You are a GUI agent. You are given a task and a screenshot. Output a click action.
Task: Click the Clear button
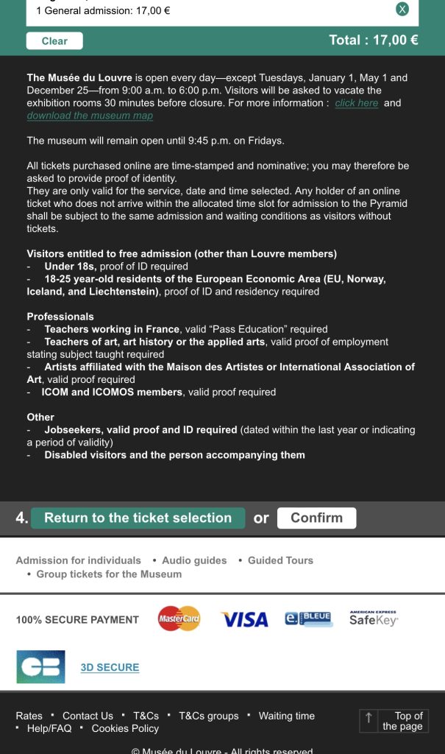coord(54,40)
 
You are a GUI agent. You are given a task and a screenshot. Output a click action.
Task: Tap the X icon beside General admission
coord(402,10)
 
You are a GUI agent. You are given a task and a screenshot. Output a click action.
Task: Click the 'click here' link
coord(356,103)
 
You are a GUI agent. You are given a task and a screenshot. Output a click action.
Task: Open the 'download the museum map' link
coord(90,116)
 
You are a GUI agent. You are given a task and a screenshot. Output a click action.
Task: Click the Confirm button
coord(316,518)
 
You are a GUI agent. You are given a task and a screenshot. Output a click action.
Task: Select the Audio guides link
coord(194,560)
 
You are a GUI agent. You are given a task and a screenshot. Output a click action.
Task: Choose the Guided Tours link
coord(280,560)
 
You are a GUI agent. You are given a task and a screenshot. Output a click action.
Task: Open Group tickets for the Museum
coord(109,574)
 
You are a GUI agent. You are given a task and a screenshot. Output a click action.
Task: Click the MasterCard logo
coord(179,619)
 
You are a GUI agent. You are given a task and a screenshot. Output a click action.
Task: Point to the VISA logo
coord(245,620)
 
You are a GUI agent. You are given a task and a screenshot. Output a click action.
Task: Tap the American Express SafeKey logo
coord(373,619)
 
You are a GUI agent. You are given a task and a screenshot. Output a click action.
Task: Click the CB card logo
coord(40,666)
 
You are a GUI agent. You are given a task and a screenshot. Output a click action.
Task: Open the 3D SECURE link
coord(110,667)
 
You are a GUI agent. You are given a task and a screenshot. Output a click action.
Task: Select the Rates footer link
coord(29,716)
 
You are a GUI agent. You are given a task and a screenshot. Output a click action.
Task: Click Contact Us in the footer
coord(88,716)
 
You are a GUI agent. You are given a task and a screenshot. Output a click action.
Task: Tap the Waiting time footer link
coord(286,716)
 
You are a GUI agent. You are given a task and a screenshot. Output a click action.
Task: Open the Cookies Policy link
coord(125,728)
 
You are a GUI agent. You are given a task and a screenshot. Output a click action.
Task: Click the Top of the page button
coord(394,721)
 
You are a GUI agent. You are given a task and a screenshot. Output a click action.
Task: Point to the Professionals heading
coord(60,317)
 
